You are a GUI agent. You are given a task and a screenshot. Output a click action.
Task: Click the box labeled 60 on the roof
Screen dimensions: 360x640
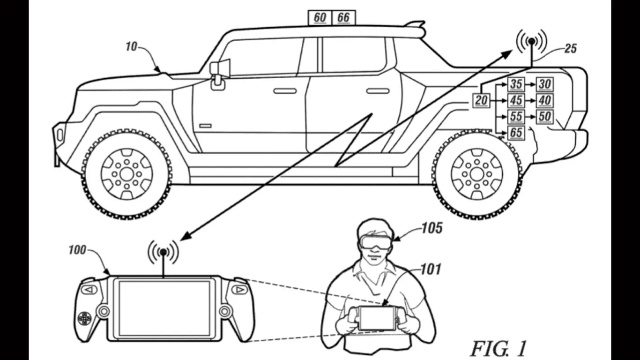tap(320, 17)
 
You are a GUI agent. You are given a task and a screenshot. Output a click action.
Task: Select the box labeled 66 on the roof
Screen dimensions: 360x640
tap(343, 17)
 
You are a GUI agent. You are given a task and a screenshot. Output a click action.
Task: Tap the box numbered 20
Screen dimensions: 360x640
tap(481, 100)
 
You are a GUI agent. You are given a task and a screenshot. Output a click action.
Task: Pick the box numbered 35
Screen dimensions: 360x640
tap(516, 84)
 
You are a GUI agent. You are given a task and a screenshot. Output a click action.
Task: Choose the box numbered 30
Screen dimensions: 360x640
tap(544, 84)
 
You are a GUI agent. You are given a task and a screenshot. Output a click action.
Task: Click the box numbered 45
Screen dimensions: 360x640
tap(516, 100)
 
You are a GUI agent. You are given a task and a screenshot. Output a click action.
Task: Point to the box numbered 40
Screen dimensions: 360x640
tap(544, 100)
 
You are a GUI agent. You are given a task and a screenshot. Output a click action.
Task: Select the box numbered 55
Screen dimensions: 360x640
tap(516, 116)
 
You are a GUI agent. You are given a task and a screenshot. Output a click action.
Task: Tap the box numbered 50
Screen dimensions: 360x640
tap(544, 116)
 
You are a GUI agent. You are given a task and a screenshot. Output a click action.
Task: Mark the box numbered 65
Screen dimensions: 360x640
tap(516, 133)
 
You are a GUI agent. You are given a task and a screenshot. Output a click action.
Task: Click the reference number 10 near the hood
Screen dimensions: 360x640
tap(132, 47)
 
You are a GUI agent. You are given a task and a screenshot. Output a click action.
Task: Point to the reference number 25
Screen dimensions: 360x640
tap(570, 48)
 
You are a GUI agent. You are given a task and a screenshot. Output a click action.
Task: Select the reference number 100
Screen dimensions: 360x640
tap(77, 250)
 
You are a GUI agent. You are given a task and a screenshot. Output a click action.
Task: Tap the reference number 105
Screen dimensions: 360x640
tap(432, 228)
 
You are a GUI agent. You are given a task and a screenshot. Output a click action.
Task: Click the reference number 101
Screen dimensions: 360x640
tap(431, 269)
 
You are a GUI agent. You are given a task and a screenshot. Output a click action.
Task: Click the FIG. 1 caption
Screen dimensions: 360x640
tap(499, 348)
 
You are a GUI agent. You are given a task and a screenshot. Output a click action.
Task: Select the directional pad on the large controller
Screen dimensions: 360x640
tap(84, 319)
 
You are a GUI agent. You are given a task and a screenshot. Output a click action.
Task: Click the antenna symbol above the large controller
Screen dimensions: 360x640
tap(163, 253)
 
